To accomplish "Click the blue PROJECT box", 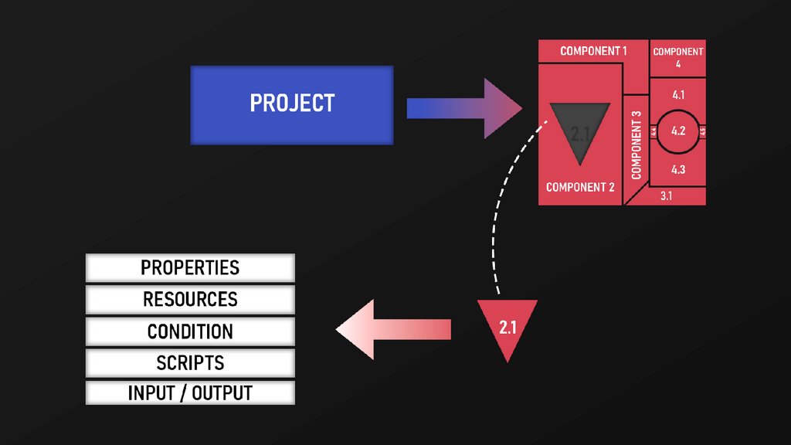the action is click(x=292, y=104).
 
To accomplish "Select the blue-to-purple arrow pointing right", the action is click(x=463, y=108).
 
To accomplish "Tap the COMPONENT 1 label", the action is click(x=592, y=51).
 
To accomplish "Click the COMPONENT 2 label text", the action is click(x=580, y=187).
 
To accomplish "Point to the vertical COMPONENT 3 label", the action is click(x=637, y=145).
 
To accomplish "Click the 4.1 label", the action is click(x=678, y=95).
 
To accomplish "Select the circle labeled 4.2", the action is click(x=678, y=131).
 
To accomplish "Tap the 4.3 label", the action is click(x=678, y=169).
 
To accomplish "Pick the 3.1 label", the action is click(x=667, y=196).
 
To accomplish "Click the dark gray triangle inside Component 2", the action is click(x=579, y=131).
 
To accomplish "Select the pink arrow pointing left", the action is click(x=394, y=330).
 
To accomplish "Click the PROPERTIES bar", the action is click(x=190, y=268).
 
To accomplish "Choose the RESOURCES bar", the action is click(x=190, y=299).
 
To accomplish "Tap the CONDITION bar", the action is click(x=190, y=331).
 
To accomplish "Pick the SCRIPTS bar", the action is click(x=190, y=362).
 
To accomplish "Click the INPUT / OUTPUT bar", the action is click(x=190, y=393).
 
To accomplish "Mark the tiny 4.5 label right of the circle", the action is click(x=703, y=132).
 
